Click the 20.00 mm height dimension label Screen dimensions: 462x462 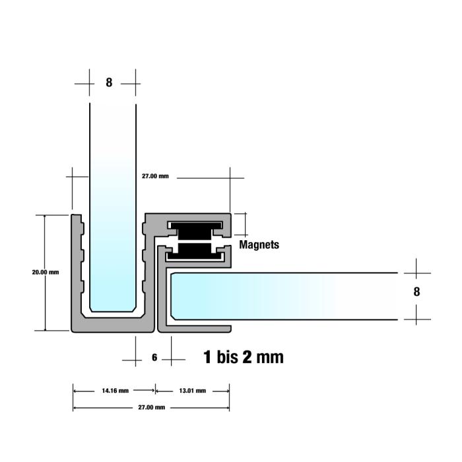[x=46, y=272]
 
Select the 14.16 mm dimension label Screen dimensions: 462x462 [x=115, y=391]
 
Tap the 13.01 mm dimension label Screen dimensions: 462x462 [x=193, y=391]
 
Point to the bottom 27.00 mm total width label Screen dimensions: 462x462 [x=151, y=407]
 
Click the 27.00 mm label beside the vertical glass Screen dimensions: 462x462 [x=155, y=176]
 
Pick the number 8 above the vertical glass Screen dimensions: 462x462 [x=109, y=82]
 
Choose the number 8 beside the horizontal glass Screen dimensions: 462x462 [x=416, y=292]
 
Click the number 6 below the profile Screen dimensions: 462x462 [x=154, y=358]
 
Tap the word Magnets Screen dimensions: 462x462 [x=259, y=245]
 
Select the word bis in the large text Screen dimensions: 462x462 [x=228, y=357]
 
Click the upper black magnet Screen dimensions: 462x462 [x=195, y=231]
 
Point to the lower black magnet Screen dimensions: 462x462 [x=194, y=251]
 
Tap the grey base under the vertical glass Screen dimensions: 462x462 [x=113, y=325]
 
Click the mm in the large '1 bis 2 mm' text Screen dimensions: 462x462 [x=270, y=358]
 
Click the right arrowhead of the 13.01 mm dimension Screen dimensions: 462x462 [x=228, y=391]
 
